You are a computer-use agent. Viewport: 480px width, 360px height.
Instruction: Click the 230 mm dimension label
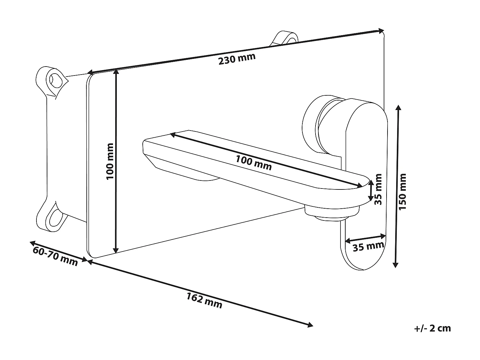(237, 59)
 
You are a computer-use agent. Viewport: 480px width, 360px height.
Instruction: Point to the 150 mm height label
(403, 192)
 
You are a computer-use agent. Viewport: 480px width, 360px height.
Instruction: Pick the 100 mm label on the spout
(253, 163)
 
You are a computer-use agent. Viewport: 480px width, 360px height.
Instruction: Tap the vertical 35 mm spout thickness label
(378, 189)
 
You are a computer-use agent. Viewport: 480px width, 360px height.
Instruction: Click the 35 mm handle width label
(368, 247)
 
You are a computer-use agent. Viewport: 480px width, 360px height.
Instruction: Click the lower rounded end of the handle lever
(363, 259)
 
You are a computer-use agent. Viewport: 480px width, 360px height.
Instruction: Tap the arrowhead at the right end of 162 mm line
(310, 325)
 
